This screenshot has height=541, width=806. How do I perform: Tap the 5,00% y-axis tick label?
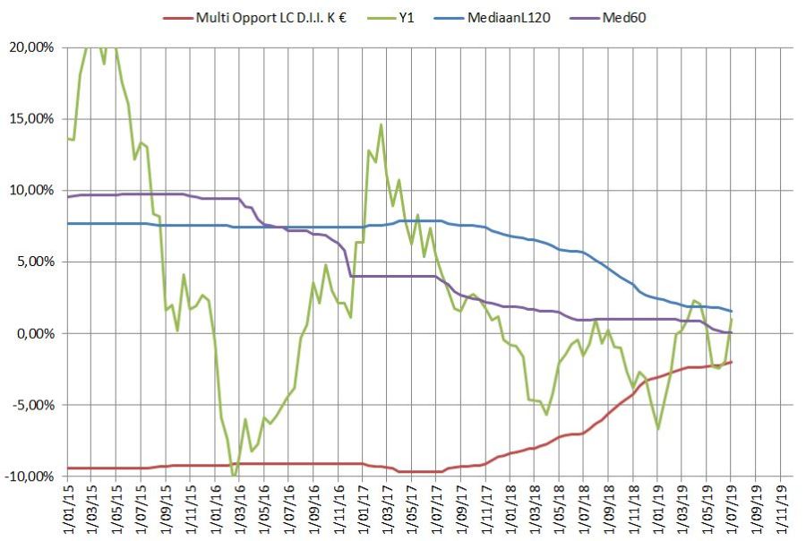point(37,262)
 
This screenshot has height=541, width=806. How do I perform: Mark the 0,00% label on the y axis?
point(37,334)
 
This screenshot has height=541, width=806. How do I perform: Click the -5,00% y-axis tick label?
point(35,405)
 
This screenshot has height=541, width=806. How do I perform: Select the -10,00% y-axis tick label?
point(32,477)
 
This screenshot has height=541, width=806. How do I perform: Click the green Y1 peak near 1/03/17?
point(381,125)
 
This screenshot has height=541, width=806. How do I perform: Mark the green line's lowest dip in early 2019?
point(658,429)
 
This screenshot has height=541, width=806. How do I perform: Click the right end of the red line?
point(732,362)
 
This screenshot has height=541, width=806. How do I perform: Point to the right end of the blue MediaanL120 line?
point(732,311)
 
